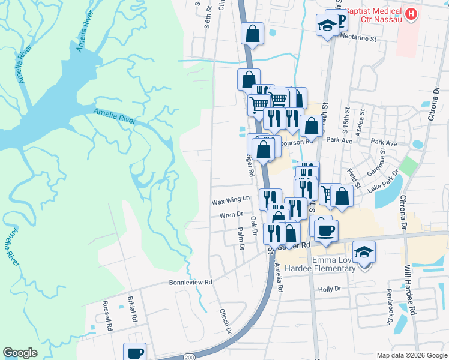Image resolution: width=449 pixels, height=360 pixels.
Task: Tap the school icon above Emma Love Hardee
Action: pos(364,251)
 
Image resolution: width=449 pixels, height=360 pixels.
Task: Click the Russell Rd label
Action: pos(109,315)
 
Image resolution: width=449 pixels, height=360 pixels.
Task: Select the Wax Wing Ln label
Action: pos(230,202)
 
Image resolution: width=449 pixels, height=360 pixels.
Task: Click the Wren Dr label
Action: pos(230,214)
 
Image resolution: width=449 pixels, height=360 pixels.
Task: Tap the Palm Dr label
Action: pos(241,235)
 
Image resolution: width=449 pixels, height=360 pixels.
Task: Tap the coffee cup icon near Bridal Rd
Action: pos(134,353)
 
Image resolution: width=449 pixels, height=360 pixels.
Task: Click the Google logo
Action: pos(20,353)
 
